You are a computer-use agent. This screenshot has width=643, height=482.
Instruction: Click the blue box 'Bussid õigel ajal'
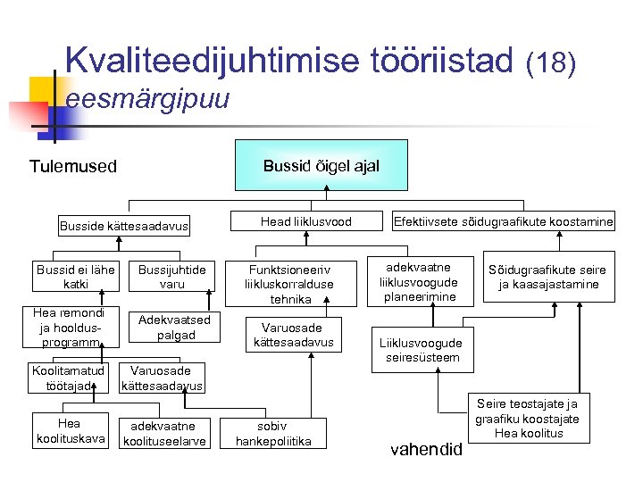coord(321,165)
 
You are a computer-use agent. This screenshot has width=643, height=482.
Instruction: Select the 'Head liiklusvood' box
coord(306,221)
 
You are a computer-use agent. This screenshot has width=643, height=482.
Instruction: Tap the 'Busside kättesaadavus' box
coord(123,226)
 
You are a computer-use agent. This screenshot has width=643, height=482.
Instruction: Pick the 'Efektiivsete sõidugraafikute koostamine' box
coord(504,221)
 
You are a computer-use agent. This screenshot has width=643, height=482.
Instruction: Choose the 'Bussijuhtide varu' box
coord(172,277)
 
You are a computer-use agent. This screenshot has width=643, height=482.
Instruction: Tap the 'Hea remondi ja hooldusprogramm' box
coord(69,328)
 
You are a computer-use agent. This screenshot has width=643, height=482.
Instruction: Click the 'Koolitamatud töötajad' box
coord(68,378)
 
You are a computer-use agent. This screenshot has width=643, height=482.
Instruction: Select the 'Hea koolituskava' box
coord(69,430)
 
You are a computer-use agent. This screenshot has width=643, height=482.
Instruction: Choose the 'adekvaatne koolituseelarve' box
coord(163,433)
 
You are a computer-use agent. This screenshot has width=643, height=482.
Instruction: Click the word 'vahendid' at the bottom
coord(427,448)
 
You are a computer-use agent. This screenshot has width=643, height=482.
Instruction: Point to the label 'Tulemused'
coord(73,166)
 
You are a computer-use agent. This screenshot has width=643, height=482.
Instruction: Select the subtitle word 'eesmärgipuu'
coord(147,99)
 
